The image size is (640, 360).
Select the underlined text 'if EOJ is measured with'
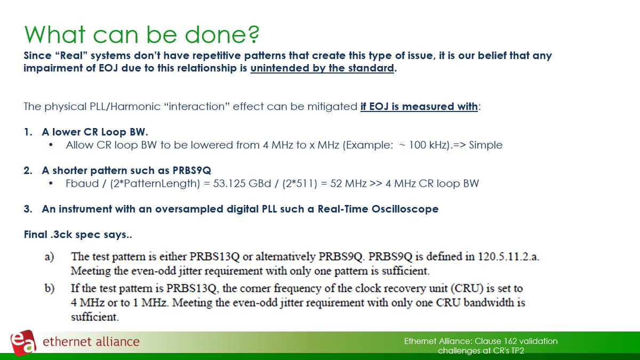[419, 106]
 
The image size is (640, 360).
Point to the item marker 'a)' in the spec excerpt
[49, 257]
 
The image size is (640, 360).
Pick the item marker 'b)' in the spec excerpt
[49, 289]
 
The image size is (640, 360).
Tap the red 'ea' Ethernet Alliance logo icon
[23, 342]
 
